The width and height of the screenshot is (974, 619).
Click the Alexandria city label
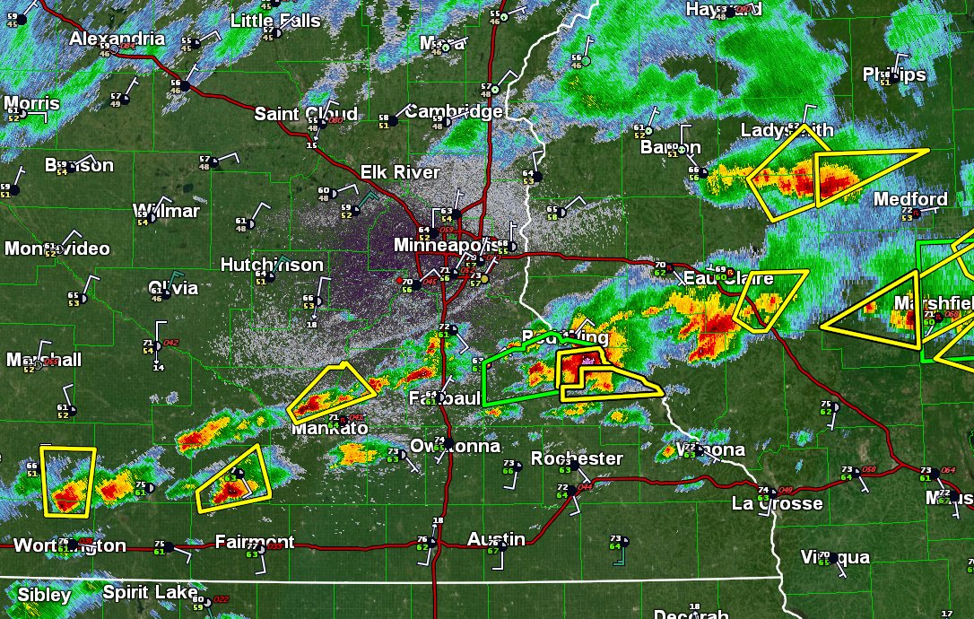pyautogui.click(x=117, y=39)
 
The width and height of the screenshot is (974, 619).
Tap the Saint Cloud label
pyautogui.click(x=306, y=114)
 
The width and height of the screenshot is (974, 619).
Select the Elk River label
pyautogui.click(x=400, y=172)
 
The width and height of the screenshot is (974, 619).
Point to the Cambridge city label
pyautogui.click(x=454, y=112)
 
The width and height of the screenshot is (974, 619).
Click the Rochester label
pyautogui.click(x=577, y=458)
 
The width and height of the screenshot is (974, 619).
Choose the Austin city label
pyautogui.click(x=496, y=539)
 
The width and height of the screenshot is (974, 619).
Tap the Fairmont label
pyautogui.click(x=255, y=542)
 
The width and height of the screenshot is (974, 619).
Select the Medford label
pyautogui.click(x=910, y=199)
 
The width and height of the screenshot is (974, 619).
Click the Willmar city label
pyautogui.click(x=166, y=211)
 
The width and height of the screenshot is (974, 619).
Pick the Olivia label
pyautogui.click(x=173, y=288)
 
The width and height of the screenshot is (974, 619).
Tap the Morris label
pyautogui.click(x=31, y=103)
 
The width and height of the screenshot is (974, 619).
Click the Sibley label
pyautogui.click(x=44, y=595)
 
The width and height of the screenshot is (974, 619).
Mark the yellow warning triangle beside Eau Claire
pyautogui.click(x=770, y=298)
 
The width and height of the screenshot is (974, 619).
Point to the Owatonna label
pyautogui.click(x=455, y=446)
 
